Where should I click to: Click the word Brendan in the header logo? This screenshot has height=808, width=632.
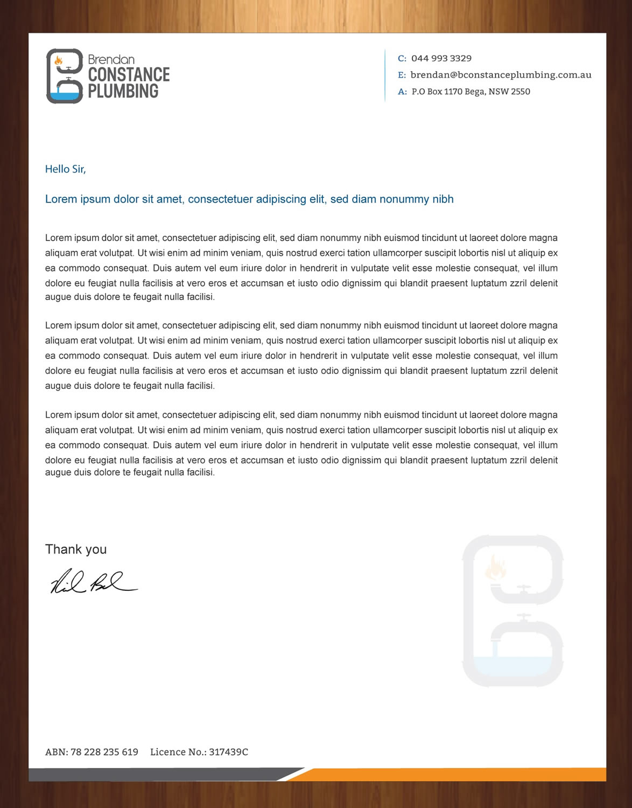(111, 59)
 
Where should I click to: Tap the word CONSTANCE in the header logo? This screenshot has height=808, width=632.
(129, 74)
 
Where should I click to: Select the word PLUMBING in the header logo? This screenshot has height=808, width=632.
(123, 91)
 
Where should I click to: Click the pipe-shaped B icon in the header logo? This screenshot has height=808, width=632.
(65, 76)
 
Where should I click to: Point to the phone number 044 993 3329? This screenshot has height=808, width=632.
(441, 58)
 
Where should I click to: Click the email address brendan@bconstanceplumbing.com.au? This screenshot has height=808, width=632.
(501, 75)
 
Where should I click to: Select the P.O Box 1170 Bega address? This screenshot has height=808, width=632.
(471, 92)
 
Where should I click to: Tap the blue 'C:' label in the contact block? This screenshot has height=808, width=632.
(402, 58)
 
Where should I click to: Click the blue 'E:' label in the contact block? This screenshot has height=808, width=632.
(402, 75)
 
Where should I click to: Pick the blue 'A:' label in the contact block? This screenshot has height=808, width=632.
(402, 92)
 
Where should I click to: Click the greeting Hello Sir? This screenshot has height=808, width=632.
(65, 169)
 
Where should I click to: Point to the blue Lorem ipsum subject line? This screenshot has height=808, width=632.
(249, 199)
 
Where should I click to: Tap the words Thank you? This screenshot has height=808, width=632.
(76, 549)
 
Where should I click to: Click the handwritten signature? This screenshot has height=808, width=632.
(93, 582)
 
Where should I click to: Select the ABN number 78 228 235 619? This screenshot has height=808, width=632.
(104, 752)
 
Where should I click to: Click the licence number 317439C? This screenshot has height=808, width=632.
(228, 752)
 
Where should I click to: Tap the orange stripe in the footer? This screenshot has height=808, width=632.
(458, 775)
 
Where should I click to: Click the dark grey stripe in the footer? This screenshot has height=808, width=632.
(156, 775)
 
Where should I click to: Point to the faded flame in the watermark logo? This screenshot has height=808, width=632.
(495, 568)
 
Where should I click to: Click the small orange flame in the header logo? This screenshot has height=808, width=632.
(59, 60)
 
